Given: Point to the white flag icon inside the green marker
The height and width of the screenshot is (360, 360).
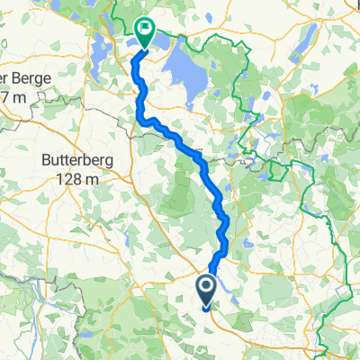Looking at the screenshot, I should (x=144, y=30).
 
